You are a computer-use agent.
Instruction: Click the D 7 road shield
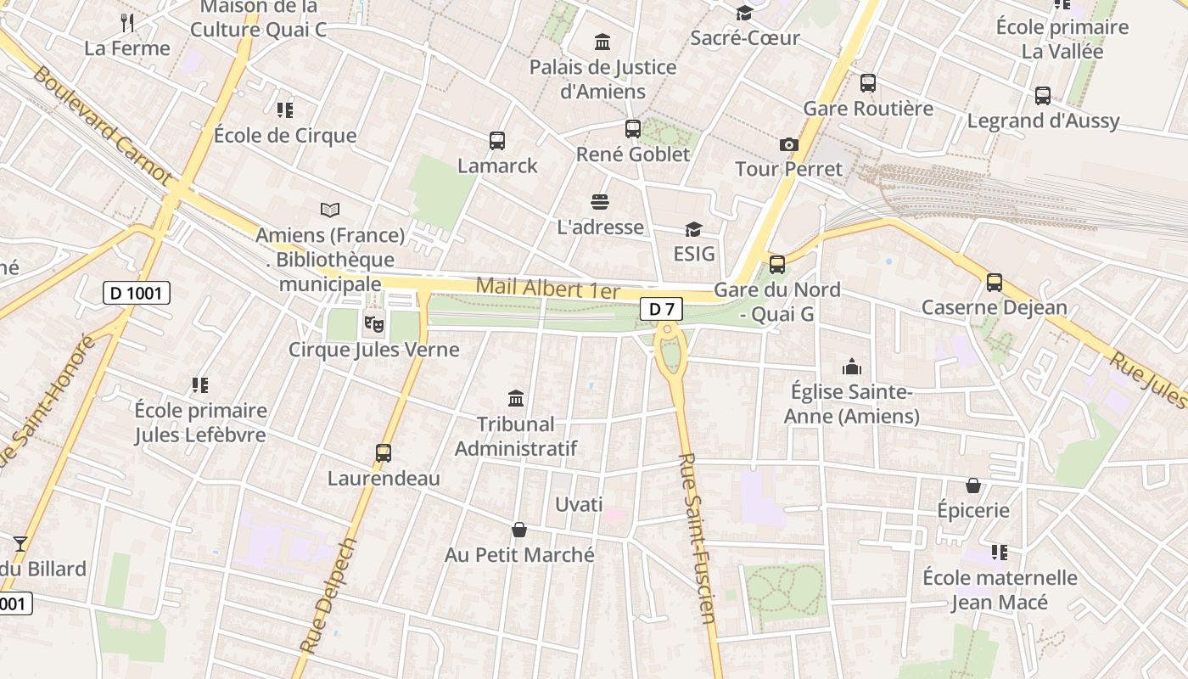pos(661,310)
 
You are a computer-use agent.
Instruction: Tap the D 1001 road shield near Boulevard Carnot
pos(137,294)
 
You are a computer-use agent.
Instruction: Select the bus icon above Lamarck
pos(497,141)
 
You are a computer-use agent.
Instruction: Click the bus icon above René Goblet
pos(633,129)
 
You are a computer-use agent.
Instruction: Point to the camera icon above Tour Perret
pos(789,144)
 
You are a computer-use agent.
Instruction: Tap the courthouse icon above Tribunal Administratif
pos(515,398)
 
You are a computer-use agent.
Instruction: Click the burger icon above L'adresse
pos(600,202)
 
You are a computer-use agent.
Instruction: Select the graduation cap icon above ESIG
pos(693,229)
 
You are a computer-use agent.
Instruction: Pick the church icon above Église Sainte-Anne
pos(851,367)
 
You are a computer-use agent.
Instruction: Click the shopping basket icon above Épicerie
pos(973,485)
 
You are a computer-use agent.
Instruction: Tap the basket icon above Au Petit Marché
pos(519,530)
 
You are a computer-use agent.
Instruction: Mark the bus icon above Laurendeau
pos(384,453)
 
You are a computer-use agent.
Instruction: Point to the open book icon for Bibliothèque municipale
pos(330,209)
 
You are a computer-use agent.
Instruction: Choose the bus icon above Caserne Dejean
pos(995,283)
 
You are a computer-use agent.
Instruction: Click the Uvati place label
pos(579,505)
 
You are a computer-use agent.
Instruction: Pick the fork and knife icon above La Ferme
pos(127,22)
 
